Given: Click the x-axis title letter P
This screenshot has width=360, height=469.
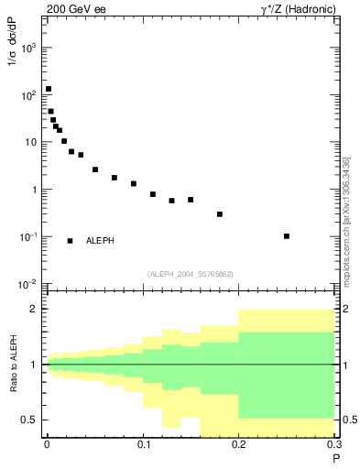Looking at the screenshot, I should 335,458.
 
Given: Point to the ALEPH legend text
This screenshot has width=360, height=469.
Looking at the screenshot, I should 100,241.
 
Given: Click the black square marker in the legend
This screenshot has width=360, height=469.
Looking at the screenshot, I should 71,241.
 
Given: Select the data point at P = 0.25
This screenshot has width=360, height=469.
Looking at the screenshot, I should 287,236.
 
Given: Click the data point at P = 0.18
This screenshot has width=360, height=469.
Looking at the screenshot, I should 220,214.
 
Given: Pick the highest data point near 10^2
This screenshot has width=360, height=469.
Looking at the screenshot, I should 48,89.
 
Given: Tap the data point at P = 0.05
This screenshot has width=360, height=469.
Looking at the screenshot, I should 95,169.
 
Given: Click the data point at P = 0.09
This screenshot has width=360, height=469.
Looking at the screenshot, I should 134,184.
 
